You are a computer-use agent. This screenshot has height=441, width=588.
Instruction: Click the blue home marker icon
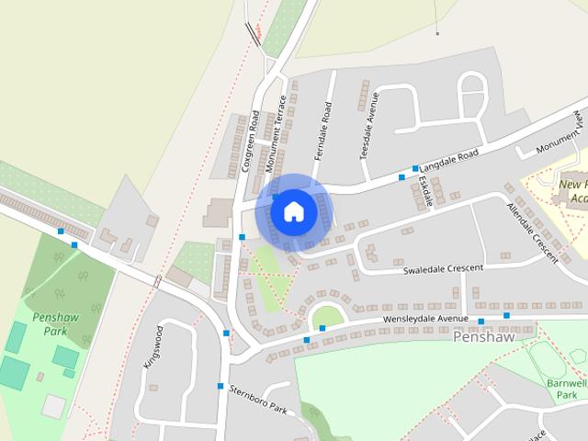[293, 211]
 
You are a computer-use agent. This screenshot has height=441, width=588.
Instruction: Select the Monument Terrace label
[276, 134]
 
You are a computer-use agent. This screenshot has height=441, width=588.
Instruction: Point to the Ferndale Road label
[322, 131]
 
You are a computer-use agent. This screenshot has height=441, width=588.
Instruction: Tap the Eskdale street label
[424, 190]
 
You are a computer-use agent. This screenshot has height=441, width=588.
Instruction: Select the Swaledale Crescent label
[443, 269]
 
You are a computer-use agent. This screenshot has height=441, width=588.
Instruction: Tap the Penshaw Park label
[50, 323]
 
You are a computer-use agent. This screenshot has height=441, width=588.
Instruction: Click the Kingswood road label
[153, 346]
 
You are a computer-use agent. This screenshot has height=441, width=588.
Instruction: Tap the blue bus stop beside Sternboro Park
[220, 386]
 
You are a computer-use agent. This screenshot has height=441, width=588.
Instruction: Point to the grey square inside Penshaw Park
[53, 405]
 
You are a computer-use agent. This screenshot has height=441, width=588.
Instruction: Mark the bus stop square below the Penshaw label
[481, 322]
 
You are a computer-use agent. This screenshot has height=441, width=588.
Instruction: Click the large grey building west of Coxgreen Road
[218, 212]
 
